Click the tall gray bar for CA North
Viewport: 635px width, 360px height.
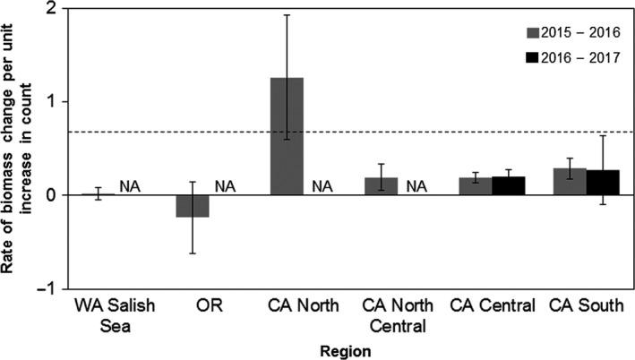click(x=287, y=136)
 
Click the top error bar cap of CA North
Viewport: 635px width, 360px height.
click(x=287, y=15)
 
